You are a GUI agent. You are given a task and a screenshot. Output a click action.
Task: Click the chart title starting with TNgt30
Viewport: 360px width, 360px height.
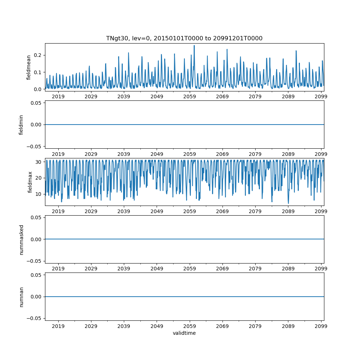pos(184,38)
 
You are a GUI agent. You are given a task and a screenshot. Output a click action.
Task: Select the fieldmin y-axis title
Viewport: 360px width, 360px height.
pos(21,125)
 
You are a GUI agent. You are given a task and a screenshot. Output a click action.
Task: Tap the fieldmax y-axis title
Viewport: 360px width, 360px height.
pos(30,182)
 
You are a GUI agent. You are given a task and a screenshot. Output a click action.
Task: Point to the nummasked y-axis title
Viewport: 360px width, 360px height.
pos(21,239)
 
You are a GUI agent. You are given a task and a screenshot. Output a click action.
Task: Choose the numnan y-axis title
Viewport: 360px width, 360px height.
pos(21,297)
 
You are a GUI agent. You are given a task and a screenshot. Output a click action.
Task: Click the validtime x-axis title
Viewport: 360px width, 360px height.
pos(184,333)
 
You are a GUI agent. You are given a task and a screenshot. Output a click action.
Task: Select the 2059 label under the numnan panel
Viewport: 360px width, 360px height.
pos(190,326)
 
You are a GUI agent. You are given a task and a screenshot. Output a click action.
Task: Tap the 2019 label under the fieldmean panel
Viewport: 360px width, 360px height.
pos(58,96)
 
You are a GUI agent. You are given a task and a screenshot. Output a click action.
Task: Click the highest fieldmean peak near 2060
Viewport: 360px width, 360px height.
pos(194,46)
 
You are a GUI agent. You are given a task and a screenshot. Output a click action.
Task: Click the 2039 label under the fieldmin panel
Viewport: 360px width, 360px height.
pos(124,154)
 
